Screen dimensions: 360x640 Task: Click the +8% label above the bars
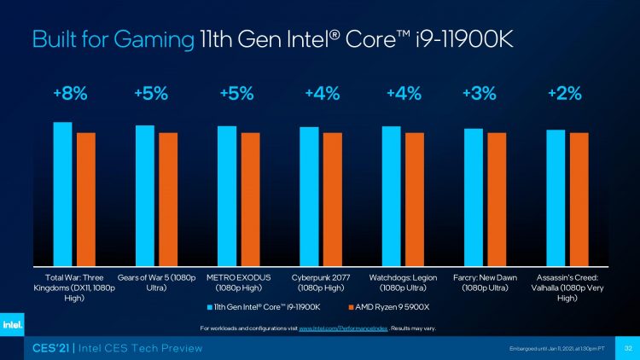70,95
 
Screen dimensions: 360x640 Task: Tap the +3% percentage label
480,95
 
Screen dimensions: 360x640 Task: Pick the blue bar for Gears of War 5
144,195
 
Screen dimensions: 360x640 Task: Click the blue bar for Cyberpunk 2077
309,196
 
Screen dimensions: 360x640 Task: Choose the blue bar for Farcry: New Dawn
473,197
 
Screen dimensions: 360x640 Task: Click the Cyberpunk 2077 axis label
320,283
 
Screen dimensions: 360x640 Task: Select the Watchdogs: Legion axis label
402,283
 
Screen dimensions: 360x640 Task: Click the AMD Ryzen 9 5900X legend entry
389,306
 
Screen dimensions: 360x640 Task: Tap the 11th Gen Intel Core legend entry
265,306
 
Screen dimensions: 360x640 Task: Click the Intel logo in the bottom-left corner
12,325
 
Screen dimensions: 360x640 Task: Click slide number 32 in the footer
628,348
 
